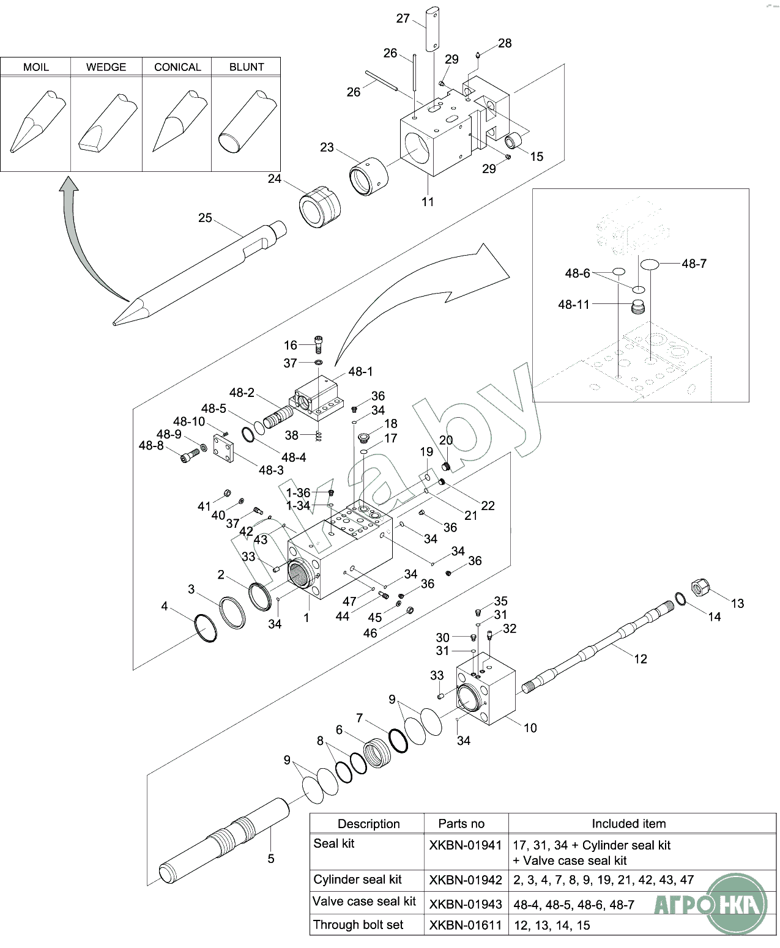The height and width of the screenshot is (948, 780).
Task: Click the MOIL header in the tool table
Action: point(36,67)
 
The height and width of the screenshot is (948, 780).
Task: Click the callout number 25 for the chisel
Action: point(205,218)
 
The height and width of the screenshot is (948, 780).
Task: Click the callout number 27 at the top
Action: point(403,18)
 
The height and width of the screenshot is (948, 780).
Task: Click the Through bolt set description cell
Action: point(358,925)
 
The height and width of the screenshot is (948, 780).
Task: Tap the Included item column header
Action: point(628,824)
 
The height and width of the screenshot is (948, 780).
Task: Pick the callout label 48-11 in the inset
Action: point(574,305)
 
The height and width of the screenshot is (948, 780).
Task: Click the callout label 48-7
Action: point(694,264)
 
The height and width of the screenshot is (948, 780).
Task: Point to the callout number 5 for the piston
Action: point(271,859)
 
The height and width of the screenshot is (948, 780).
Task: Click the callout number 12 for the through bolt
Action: point(641,659)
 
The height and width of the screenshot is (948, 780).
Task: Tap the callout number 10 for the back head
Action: point(530,728)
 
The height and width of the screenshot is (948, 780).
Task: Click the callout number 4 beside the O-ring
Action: point(164,606)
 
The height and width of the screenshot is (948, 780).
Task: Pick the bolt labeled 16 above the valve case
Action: point(319,344)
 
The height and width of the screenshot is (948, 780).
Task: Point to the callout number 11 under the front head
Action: point(428,202)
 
